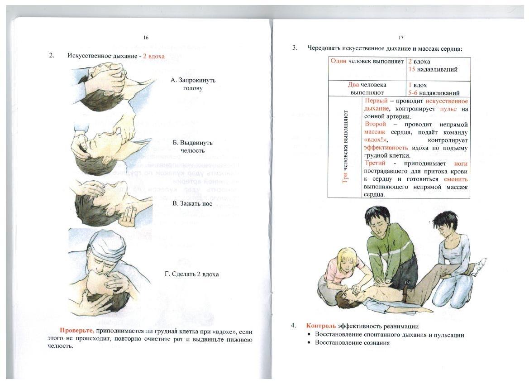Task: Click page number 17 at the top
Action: click(401, 38)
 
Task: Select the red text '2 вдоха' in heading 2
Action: click(153, 56)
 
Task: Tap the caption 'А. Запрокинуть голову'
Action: click(193, 84)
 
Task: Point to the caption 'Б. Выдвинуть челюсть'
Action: click(193, 146)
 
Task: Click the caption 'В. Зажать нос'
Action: click(192, 204)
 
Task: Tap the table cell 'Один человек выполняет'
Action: click(367, 61)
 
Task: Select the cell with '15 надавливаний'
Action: click(432, 69)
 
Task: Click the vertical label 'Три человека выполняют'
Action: click(345, 146)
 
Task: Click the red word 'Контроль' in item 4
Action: click(321, 326)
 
